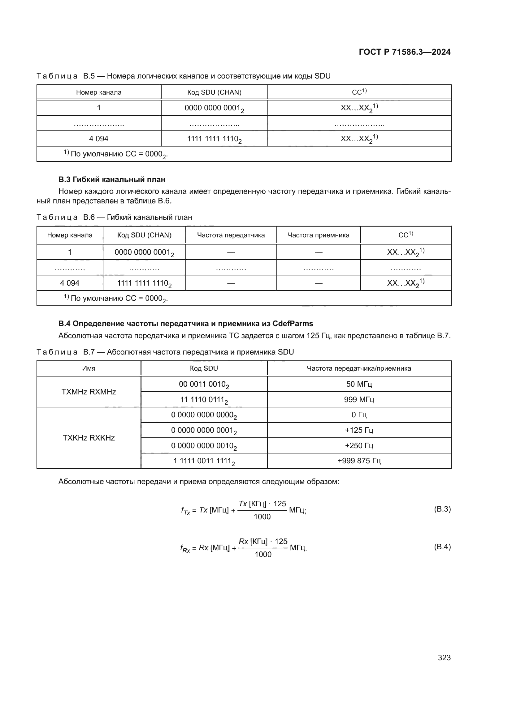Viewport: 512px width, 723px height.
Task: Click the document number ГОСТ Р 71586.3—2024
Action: pos(405,52)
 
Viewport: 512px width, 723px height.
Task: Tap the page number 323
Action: pos(444,657)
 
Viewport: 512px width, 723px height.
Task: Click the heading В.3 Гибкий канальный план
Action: pos(112,180)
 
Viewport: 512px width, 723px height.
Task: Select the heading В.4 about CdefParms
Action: pos(186,323)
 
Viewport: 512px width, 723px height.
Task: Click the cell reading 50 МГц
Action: pos(359,384)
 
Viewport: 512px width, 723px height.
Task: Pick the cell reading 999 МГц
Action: pos(359,400)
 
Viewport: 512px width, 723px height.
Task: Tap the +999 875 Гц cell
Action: pos(359,461)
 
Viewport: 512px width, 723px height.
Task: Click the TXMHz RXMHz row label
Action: pos(89,392)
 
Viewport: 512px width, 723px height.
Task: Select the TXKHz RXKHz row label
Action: pos(89,438)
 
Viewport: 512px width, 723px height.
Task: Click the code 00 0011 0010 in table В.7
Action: pos(204,385)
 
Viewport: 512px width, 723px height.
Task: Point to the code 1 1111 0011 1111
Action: pos(204,461)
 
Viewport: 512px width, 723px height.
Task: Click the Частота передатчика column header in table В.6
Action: pos(231,235)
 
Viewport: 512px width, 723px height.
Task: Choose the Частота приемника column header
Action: pos(318,235)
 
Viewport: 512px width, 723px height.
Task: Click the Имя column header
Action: pos(89,368)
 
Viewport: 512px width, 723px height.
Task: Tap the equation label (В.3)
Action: pos(442,509)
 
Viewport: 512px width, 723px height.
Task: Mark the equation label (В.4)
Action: pos(442,547)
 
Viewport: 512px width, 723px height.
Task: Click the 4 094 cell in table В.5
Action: pos(99,138)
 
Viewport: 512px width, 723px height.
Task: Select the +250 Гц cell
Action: pos(359,446)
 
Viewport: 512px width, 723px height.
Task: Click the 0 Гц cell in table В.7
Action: pos(359,415)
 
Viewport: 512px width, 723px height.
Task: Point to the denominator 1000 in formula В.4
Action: pos(263,555)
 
